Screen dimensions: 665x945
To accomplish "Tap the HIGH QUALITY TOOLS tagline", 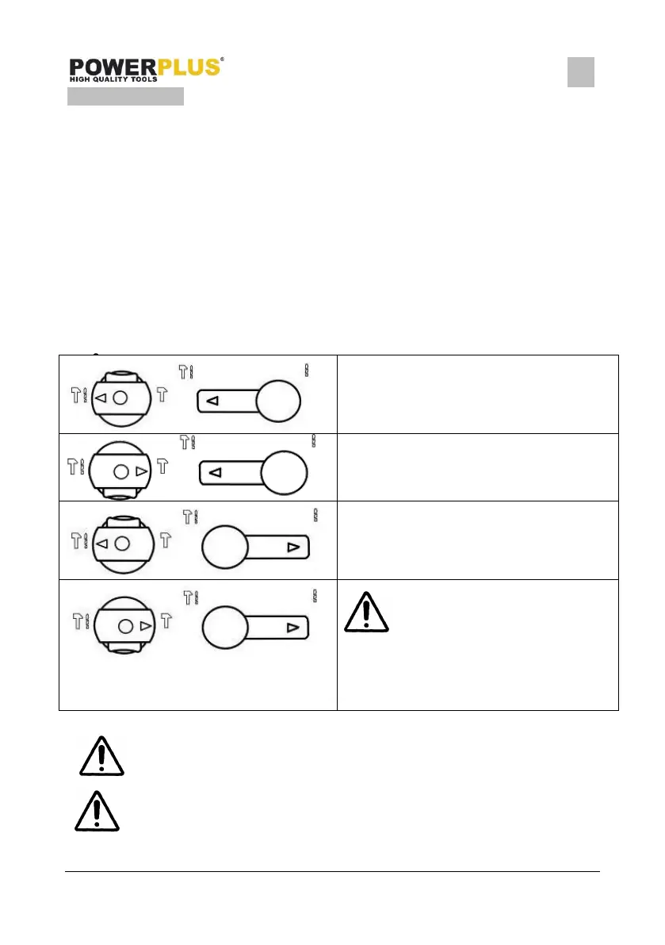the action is coord(113,79).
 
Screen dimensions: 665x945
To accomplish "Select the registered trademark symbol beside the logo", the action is coord(222,60).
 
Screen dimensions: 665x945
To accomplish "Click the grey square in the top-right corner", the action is coord(581,72).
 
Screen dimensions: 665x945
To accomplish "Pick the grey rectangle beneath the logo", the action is coord(125,97).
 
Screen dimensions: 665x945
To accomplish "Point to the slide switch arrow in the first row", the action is coord(212,402).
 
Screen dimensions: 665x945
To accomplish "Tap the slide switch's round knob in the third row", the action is coord(225,547).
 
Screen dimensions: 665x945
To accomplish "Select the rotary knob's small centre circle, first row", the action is coord(120,397).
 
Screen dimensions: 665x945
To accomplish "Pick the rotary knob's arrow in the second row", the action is coord(141,471).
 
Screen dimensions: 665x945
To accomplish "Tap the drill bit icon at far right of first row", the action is coord(307,370).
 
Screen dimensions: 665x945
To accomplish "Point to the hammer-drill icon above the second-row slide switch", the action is coord(188,443).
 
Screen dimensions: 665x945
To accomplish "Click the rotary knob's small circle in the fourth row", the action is coord(125,626).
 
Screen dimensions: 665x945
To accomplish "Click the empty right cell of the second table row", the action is coord(477,467).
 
